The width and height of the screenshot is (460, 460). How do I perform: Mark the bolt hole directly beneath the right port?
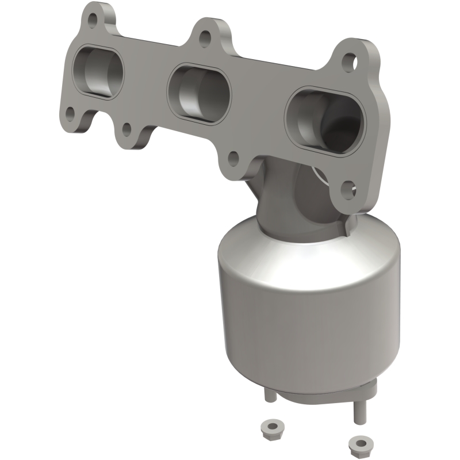point(346,187)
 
